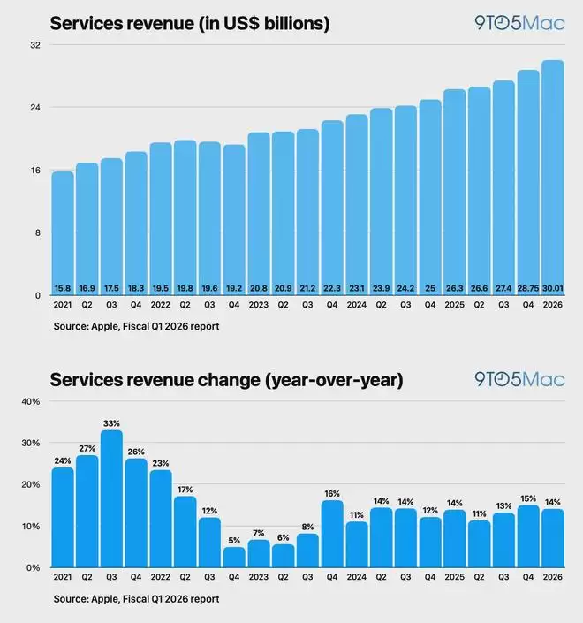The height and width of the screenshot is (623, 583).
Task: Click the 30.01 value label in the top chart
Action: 553,288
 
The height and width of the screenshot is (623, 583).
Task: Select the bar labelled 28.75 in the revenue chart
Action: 528,186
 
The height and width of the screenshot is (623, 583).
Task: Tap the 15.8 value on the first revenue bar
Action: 63,288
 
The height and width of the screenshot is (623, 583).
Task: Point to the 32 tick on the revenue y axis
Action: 35,44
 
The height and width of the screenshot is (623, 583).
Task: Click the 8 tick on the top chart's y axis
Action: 38,232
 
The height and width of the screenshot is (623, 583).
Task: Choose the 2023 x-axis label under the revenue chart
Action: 259,306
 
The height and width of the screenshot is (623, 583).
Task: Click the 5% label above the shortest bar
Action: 234,540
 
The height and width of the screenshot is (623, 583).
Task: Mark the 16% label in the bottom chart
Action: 332,493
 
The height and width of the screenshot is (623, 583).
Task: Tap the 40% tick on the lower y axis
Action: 30,401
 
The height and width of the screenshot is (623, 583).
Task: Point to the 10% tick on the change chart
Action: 30,526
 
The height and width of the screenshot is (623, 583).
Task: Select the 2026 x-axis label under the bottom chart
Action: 553,579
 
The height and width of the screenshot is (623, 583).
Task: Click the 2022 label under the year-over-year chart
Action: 160,579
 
